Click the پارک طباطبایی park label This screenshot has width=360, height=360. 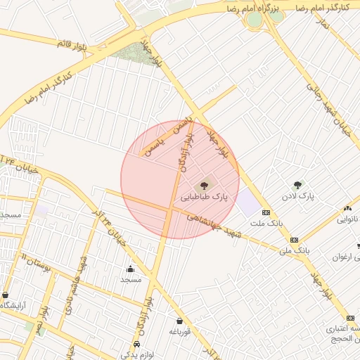point(205,198)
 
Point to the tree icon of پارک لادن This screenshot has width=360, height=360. point(297,185)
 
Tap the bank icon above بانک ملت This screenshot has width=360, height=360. point(266,212)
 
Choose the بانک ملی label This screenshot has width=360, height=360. point(294,250)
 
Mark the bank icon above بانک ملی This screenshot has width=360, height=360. point(293,240)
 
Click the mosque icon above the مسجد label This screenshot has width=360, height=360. point(130,269)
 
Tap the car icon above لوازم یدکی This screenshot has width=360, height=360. point(136,344)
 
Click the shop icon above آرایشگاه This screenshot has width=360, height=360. point(6,295)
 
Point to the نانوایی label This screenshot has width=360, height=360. point(347,219)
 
